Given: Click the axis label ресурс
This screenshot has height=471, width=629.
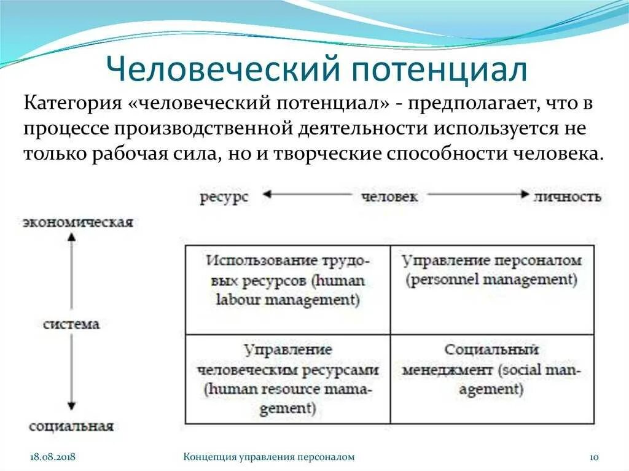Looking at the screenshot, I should [x=224, y=197].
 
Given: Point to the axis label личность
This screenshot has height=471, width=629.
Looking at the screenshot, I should [x=568, y=197].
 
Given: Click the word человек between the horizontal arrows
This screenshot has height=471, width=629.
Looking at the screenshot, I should [x=389, y=197].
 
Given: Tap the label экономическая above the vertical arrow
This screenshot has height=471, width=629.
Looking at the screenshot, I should [x=78, y=222].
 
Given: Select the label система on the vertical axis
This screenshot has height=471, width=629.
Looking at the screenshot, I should [x=71, y=324].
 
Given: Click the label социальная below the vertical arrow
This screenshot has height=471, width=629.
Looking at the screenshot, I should [x=71, y=426].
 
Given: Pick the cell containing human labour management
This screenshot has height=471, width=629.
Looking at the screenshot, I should [x=287, y=290].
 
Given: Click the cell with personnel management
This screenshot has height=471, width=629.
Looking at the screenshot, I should [x=492, y=290].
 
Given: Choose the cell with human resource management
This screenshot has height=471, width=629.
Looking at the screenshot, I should [x=287, y=379].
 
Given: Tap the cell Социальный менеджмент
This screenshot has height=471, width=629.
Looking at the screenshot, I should [x=492, y=379].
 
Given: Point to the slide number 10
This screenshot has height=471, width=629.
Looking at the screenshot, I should [x=594, y=457].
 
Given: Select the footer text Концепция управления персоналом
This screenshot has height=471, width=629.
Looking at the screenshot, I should [x=270, y=457].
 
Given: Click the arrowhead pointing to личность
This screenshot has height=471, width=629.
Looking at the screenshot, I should [x=524, y=195].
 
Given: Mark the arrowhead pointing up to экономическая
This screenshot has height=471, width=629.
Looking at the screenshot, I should [x=71, y=241].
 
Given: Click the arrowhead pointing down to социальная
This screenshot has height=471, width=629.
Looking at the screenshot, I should [x=71, y=405].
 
